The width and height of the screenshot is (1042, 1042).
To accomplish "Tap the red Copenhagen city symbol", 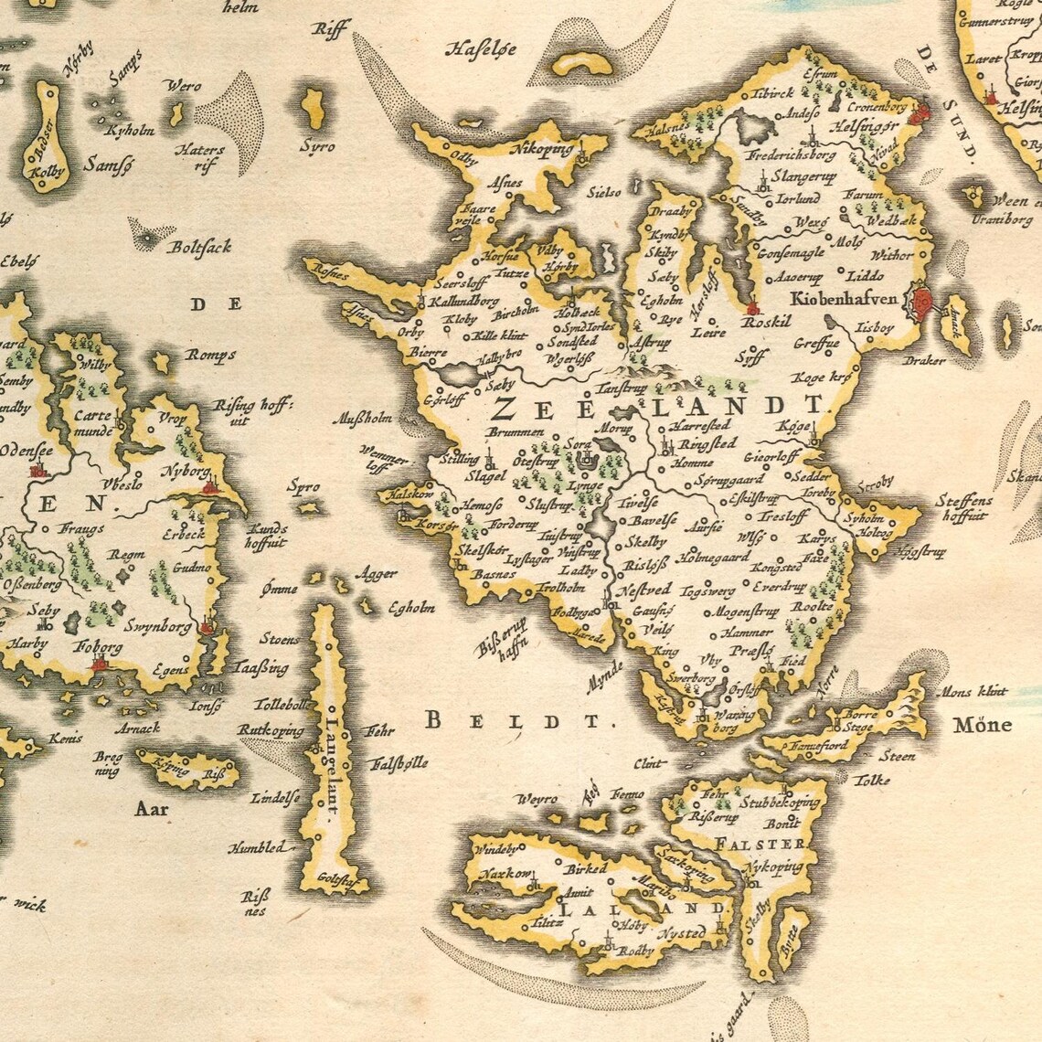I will click(921, 300).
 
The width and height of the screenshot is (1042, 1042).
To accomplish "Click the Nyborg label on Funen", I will click(185, 472).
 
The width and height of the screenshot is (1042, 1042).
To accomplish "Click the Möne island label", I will click(982, 727).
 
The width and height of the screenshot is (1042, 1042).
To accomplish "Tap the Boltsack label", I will click(199, 246).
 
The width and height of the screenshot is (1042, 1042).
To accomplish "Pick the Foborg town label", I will click(98, 648).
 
